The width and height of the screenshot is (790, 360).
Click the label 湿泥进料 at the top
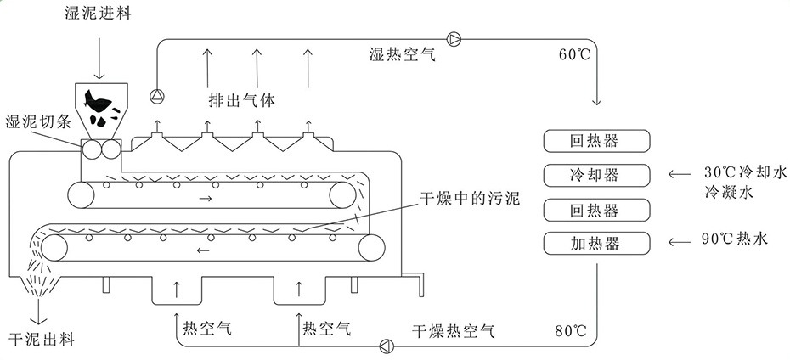[98, 14]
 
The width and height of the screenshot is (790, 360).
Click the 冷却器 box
[595, 175]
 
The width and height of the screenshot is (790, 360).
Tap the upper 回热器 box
[595, 140]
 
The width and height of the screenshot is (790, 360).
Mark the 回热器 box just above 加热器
[595, 210]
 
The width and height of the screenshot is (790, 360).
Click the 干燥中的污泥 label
[469, 201]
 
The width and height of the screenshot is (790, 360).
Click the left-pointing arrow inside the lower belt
[203, 250]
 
